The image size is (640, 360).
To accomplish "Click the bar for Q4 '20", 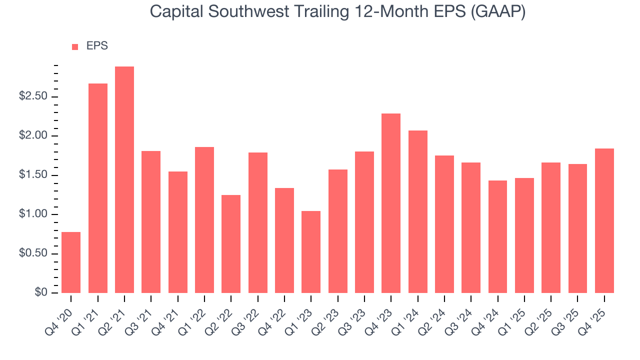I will pyautogui.click(x=71, y=262).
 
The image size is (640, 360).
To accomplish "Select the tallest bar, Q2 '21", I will pyautogui.click(x=124, y=180).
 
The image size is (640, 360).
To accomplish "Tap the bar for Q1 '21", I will pyautogui.click(x=98, y=188).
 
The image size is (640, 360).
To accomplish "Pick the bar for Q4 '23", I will pyautogui.click(x=391, y=203).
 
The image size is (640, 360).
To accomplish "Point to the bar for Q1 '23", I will pyautogui.click(x=311, y=252).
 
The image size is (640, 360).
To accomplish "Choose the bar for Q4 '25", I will pyautogui.click(x=604, y=220).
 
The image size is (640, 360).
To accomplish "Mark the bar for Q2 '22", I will pyautogui.click(x=231, y=244).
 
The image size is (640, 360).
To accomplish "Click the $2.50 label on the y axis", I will pyautogui.click(x=32, y=96).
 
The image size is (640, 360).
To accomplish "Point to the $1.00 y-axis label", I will pyautogui.click(x=32, y=214).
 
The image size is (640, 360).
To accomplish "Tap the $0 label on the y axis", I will pyautogui.click(x=40, y=293).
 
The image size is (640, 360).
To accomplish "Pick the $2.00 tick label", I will pyautogui.click(x=32, y=136).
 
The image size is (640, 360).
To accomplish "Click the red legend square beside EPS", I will pyautogui.click(x=75, y=46).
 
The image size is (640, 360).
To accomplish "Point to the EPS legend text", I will pyautogui.click(x=97, y=46).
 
